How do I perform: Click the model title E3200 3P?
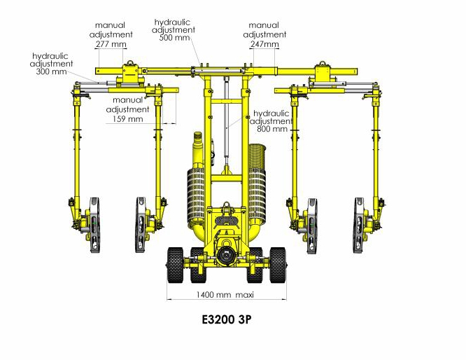click(227, 319)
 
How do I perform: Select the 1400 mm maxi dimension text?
click(225, 295)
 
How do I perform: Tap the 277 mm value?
click(111, 44)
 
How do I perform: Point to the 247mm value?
click(264, 44)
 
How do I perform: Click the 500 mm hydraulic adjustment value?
click(174, 38)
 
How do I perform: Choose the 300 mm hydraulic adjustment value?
click(51, 71)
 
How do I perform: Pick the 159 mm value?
click(128, 119)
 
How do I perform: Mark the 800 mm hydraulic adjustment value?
click(272, 129)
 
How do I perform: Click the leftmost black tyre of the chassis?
click(175, 265)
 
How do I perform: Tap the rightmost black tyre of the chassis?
click(278, 265)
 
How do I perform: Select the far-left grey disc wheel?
click(94, 225)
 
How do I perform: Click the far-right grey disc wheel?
click(359, 225)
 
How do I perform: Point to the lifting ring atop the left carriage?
click(130, 63)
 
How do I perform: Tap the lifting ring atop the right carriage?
click(322, 63)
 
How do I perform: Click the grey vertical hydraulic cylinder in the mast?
click(227, 119)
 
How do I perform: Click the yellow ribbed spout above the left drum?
click(198, 142)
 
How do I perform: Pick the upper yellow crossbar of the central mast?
click(227, 101)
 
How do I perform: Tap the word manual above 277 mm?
click(111, 25)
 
